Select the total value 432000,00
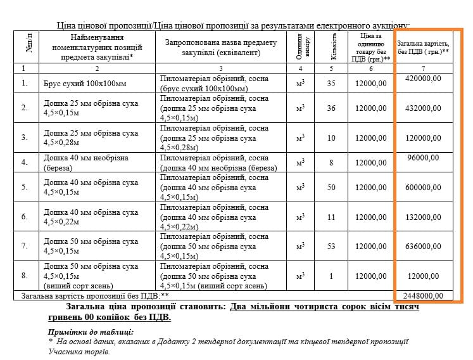(x=423, y=108)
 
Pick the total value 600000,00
(x=423, y=187)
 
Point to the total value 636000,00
(x=423, y=246)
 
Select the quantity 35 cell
(x=331, y=83)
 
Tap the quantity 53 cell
(x=331, y=247)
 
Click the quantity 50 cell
(x=331, y=187)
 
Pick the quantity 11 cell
(x=331, y=217)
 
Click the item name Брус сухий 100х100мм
(x=85, y=84)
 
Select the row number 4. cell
(x=25, y=162)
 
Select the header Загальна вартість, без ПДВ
(x=423, y=47)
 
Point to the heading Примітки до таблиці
(x=91, y=331)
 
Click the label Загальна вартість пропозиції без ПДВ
(x=96, y=295)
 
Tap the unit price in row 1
(x=370, y=83)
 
